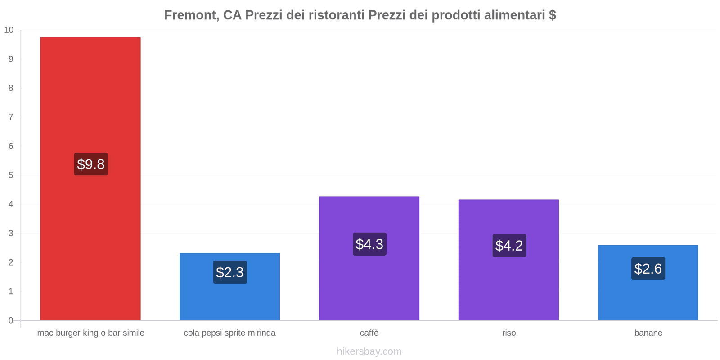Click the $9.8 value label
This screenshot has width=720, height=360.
pos(91,164)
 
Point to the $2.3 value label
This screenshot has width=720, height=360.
pos(230,272)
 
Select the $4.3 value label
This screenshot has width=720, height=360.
pos(369,244)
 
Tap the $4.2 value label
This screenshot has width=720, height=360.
pos(509,246)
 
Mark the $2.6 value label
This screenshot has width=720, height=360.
pos(648,269)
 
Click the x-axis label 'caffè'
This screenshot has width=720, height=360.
pos(369,333)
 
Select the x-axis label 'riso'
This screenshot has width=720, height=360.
pos(509,333)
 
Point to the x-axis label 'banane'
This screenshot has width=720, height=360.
pos(648,333)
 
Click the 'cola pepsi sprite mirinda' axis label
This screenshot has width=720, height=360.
pos(229,333)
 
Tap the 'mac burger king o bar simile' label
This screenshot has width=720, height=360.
pos(91,333)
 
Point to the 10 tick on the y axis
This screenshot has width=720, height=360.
pos(9,30)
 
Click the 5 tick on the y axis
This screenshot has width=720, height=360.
pos(11,175)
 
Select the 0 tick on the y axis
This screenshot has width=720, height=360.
pos(11,320)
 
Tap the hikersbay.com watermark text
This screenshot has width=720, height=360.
pos(369,351)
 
